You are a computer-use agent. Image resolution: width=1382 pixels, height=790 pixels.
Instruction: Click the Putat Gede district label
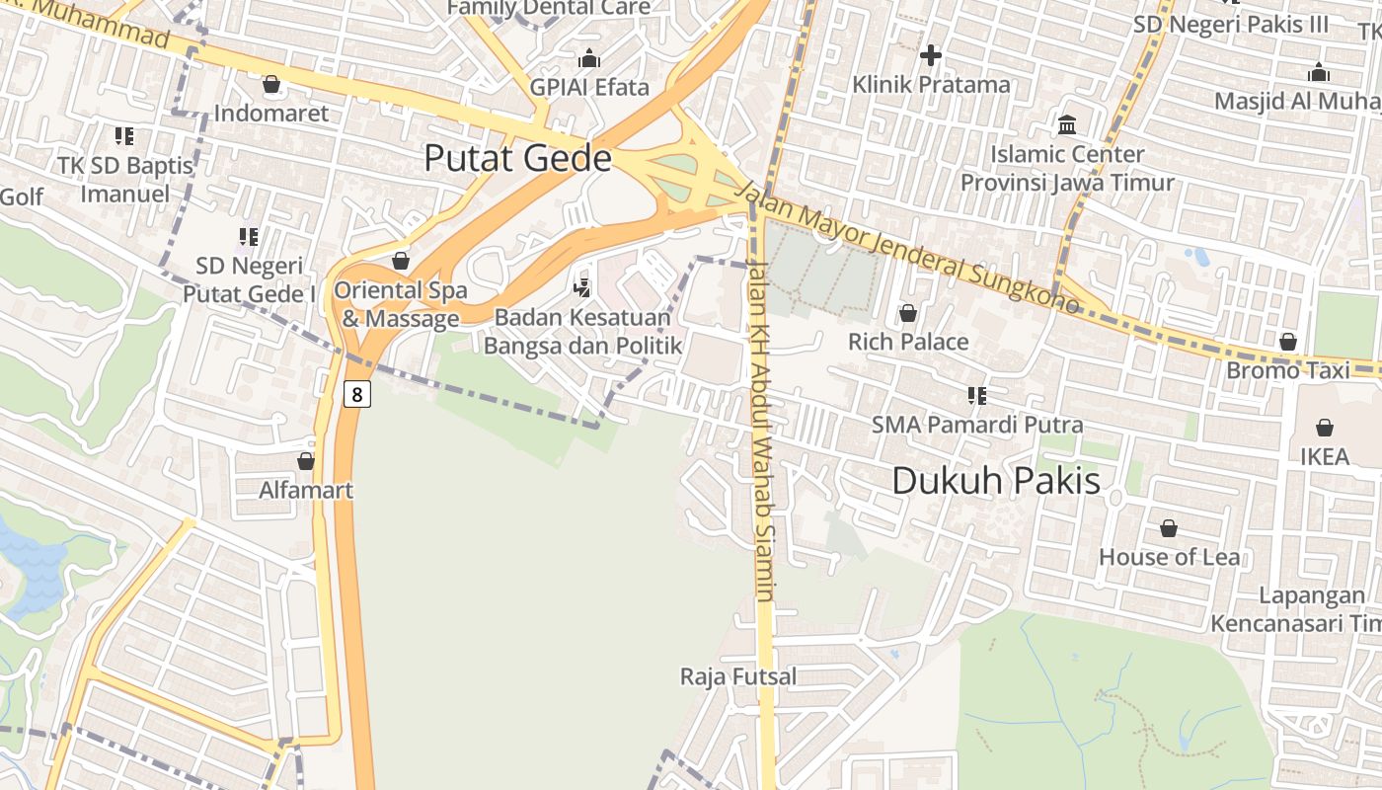(x=517, y=159)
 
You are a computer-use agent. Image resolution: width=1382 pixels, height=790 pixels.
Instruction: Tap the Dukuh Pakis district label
(x=995, y=481)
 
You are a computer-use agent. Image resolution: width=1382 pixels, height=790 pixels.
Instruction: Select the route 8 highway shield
(x=357, y=394)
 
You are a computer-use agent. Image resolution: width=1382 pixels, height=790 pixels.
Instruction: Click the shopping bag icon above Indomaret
(x=271, y=85)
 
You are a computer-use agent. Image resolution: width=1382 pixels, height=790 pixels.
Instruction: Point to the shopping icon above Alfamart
(x=306, y=461)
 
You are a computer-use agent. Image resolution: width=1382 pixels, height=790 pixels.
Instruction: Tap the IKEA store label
(x=1324, y=456)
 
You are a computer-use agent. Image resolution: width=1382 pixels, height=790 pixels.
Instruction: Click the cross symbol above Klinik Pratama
(x=931, y=55)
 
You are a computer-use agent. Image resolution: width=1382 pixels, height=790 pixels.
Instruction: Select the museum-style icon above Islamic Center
(x=1067, y=125)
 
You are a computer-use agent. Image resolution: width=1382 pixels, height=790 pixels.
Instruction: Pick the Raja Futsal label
(x=738, y=676)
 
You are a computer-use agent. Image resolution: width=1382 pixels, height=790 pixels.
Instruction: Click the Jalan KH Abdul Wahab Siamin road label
(x=760, y=430)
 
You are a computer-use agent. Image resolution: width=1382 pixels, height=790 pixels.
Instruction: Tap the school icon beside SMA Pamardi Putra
(x=977, y=396)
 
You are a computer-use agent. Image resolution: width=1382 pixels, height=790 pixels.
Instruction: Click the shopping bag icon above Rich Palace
(x=908, y=313)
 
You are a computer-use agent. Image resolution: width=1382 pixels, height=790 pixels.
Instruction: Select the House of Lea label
(x=1170, y=557)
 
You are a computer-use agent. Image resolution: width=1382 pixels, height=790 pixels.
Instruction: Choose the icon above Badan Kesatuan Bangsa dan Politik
(x=582, y=288)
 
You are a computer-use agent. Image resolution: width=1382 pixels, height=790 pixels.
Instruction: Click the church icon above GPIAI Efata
(x=589, y=58)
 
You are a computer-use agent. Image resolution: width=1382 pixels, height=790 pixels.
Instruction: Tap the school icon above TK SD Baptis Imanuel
(x=124, y=135)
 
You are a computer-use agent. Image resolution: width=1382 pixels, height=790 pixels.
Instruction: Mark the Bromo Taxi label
(x=1289, y=370)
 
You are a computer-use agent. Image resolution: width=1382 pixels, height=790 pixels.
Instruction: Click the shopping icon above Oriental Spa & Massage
(x=401, y=261)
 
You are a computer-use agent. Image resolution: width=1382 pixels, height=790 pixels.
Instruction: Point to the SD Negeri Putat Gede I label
(x=250, y=279)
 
